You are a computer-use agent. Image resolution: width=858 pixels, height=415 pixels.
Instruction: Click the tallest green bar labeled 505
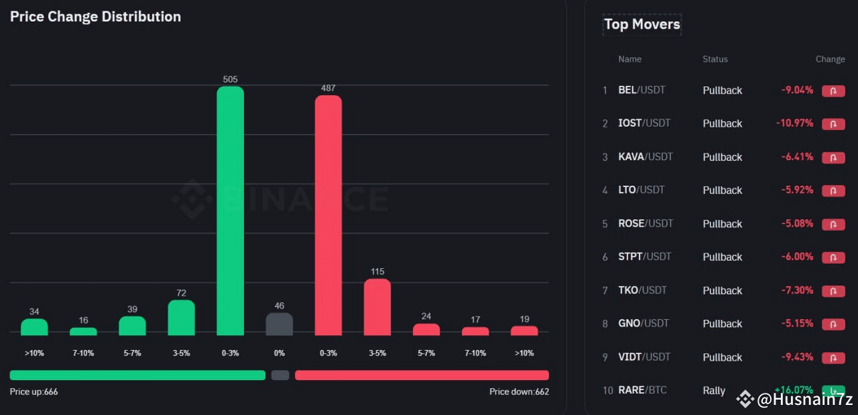[230, 211]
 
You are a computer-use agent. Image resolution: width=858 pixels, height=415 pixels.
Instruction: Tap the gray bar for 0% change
[280, 324]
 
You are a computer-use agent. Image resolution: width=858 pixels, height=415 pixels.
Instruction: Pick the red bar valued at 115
[377, 307]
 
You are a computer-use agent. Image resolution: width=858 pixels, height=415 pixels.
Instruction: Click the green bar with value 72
[181, 318]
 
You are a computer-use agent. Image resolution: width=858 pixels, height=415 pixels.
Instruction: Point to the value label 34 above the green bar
[34, 311]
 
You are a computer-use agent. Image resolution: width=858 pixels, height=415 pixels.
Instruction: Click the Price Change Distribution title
[95, 17]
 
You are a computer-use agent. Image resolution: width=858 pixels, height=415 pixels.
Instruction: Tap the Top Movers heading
[641, 24]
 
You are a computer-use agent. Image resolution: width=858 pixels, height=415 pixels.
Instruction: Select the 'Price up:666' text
[34, 392]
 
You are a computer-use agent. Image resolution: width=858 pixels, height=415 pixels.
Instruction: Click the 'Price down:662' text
[519, 392]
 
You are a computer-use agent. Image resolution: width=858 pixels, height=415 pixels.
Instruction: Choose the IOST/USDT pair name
[643, 123]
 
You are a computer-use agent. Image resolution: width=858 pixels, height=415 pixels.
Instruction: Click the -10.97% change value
[794, 123]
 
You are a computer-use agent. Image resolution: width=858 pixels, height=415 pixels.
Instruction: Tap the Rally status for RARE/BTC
[714, 390]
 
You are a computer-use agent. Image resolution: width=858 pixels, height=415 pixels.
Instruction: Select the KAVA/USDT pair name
[645, 157]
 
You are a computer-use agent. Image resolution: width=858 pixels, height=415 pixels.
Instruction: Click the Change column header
[830, 59]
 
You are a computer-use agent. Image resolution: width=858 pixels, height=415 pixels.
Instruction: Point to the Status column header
[715, 59]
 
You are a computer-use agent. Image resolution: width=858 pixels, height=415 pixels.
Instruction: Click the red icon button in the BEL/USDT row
[833, 91]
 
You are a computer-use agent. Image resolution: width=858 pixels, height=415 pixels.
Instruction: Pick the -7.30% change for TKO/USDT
[797, 290]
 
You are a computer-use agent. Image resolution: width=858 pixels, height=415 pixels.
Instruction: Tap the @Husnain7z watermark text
[804, 400]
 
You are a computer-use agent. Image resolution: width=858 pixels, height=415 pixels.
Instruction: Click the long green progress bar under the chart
[137, 375]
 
